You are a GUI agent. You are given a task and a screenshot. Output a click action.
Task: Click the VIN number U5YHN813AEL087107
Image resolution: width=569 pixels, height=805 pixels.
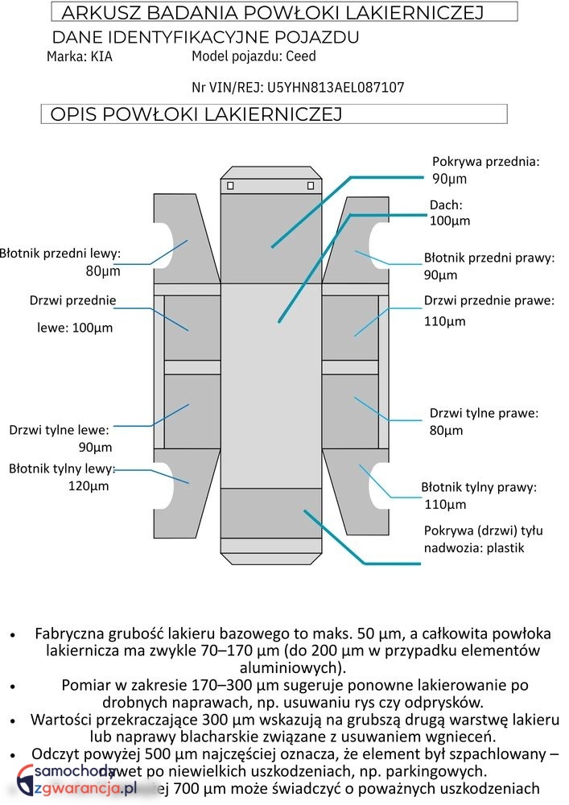point(336,87)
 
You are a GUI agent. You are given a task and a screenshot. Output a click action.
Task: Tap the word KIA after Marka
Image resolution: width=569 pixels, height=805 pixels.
point(101,57)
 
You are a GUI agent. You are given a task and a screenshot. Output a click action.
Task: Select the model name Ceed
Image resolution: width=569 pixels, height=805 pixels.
point(301,56)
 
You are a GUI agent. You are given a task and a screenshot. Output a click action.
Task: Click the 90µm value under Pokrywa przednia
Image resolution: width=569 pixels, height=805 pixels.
point(449,179)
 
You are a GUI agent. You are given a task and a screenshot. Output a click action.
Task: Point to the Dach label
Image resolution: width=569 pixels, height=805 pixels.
point(445,205)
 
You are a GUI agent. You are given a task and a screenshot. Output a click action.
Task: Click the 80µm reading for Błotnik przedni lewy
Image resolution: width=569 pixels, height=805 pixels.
point(103,271)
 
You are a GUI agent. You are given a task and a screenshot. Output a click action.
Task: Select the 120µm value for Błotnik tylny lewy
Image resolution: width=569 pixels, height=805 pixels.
point(89,486)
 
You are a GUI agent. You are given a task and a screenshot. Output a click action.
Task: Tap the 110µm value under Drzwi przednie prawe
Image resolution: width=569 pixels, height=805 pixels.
point(445,322)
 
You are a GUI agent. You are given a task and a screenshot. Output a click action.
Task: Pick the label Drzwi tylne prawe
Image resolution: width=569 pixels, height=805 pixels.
point(484,414)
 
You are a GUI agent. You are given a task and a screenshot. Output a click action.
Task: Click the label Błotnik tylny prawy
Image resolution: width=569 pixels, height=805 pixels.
point(479,487)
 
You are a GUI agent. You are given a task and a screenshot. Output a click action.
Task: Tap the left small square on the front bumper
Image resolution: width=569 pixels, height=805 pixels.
point(230,186)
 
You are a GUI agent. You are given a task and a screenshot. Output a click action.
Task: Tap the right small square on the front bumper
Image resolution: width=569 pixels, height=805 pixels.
point(311,186)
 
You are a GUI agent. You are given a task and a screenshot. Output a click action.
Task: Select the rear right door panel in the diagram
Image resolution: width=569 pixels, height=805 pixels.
point(351,411)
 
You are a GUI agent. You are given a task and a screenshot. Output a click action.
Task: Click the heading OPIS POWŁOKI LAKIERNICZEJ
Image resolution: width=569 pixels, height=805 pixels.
point(196,114)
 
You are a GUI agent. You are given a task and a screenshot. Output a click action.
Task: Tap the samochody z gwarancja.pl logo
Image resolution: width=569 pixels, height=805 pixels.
point(72,782)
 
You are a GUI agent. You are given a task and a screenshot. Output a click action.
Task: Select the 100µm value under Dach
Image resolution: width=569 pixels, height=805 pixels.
point(450,221)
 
